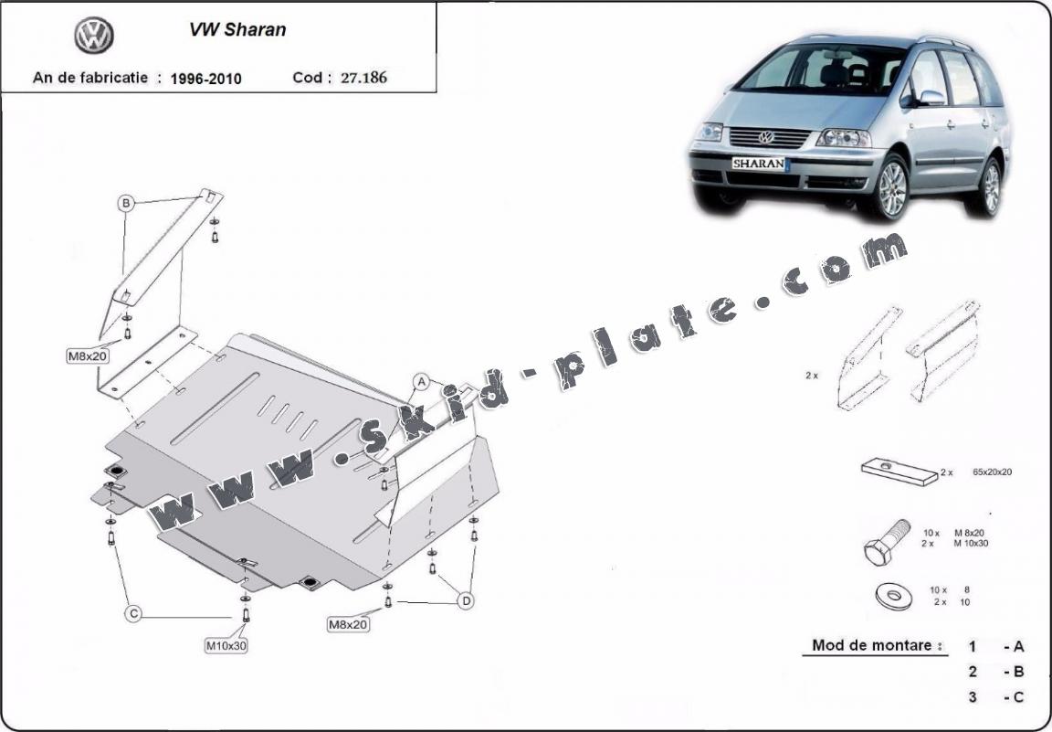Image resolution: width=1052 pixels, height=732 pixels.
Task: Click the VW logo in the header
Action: [93, 36]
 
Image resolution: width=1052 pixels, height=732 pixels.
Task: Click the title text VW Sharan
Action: [237, 29]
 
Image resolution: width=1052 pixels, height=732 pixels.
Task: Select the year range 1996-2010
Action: [205, 79]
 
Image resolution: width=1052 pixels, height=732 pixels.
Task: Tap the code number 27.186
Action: [363, 78]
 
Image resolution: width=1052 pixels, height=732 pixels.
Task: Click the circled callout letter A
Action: [421, 380]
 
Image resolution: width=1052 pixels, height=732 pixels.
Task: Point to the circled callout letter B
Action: [126, 203]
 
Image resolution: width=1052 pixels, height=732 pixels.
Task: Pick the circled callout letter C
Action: [133, 614]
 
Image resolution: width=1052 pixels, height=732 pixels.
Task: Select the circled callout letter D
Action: [465, 600]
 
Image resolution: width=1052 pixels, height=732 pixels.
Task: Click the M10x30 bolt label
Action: [226, 645]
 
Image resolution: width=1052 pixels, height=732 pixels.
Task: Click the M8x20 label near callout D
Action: [348, 624]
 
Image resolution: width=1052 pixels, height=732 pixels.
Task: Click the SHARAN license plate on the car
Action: [757, 164]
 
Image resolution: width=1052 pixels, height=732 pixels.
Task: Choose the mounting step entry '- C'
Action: [1013, 697]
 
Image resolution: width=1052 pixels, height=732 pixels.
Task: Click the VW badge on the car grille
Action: [765, 137]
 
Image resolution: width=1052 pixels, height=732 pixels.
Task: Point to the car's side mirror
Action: [931, 97]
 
